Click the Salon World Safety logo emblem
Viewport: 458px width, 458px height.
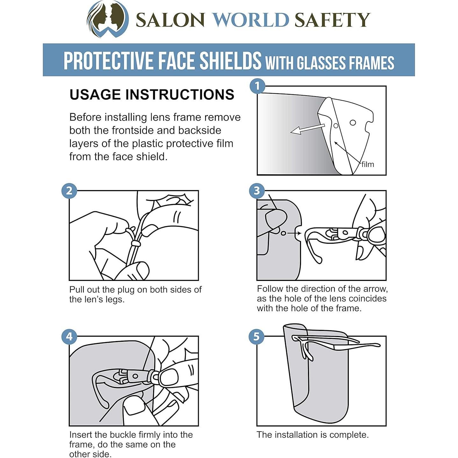[x=108, y=19]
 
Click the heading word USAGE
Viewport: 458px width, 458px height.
[x=96, y=95]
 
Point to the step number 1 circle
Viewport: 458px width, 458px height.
[x=257, y=86]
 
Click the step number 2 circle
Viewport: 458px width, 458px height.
[x=69, y=190]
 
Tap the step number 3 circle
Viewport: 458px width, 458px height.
[x=257, y=190]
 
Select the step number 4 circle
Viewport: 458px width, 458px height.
[x=69, y=337]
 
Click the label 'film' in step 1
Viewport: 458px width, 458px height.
[x=368, y=164]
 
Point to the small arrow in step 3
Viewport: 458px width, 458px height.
[x=294, y=234]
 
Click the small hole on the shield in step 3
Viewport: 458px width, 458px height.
[x=283, y=234]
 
